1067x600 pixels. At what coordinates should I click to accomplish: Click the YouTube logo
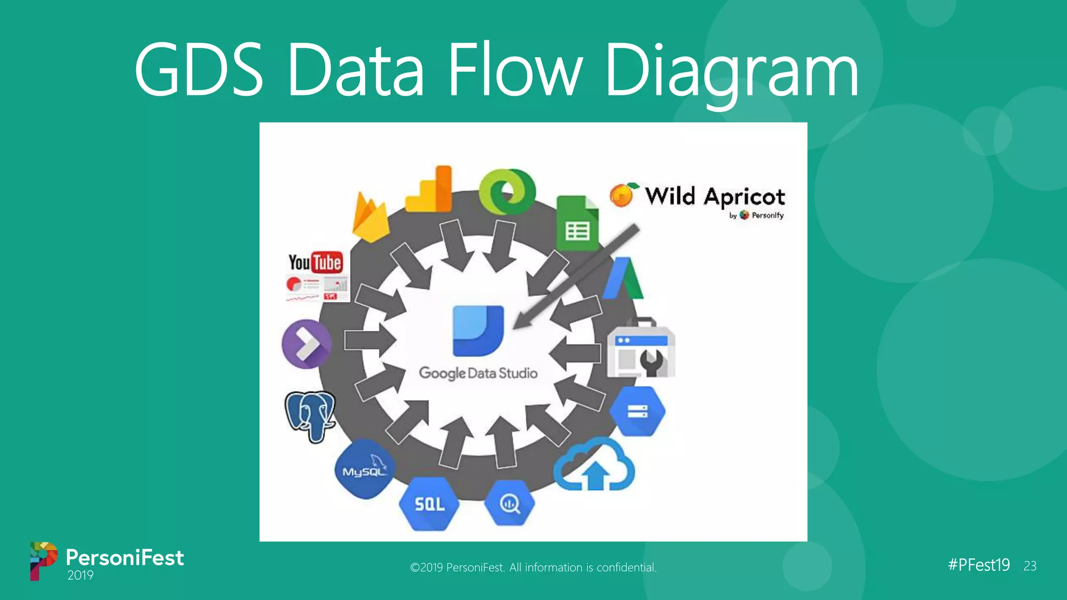[x=316, y=262]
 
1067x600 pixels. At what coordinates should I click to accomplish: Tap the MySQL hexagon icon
[x=364, y=469]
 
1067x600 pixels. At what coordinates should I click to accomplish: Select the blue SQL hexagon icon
[x=429, y=504]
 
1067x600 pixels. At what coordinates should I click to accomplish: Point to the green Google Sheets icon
[x=577, y=223]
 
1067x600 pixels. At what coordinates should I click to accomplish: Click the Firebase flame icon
[x=370, y=218]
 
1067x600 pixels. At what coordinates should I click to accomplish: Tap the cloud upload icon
[x=594, y=465]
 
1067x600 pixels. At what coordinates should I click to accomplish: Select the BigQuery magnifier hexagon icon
[x=510, y=503]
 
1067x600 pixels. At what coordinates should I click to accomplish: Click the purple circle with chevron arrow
[x=306, y=344]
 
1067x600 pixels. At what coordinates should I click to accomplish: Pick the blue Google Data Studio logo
[x=478, y=331]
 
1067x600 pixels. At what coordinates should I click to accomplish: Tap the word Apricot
[x=744, y=197]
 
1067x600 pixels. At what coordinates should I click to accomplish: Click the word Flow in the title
[x=513, y=70]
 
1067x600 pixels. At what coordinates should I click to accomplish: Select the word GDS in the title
[x=198, y=70]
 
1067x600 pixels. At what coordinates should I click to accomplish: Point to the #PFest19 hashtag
[x=978, y=565]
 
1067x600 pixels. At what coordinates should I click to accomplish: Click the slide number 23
[x=1029, y=566]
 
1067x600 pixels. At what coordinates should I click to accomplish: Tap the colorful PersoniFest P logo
[x=43, y=560]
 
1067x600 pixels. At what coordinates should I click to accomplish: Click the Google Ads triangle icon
[x=624, y=279]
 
